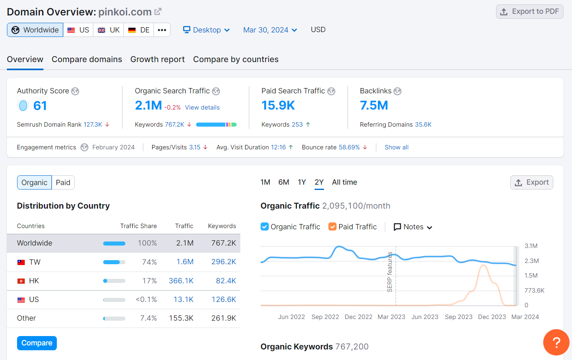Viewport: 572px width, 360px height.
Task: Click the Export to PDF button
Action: pos(529,11)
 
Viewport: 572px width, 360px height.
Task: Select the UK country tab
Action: pos(109,30)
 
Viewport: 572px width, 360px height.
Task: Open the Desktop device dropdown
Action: pos(206,30)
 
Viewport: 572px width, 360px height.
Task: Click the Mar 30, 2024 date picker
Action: pos(270,30)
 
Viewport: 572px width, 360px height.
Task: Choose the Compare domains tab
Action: pos(87,59)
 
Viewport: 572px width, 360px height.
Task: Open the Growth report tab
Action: pos(158,59)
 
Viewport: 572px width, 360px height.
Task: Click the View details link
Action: pos(202,108)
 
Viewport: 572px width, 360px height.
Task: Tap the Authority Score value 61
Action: pos(40,106)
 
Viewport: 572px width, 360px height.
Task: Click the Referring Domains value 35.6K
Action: pos(423,125)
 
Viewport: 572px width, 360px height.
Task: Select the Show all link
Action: pos(396,147)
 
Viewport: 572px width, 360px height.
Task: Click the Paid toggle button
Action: pos(63,183)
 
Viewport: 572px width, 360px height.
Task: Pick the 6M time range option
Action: pos(283,182)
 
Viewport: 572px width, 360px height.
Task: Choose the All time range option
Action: pos(344,182)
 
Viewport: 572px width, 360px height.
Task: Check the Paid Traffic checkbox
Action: pos(332,227)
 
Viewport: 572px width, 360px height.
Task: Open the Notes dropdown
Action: pos(413,227)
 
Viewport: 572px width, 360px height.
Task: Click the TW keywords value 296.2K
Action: pos(223,262)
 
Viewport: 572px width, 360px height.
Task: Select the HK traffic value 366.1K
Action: pos(181,281)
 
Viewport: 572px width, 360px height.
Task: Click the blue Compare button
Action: pos(37,343)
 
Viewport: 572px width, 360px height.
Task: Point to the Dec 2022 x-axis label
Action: pos(358,317)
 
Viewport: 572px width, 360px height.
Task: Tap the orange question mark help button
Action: pos(556,342)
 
